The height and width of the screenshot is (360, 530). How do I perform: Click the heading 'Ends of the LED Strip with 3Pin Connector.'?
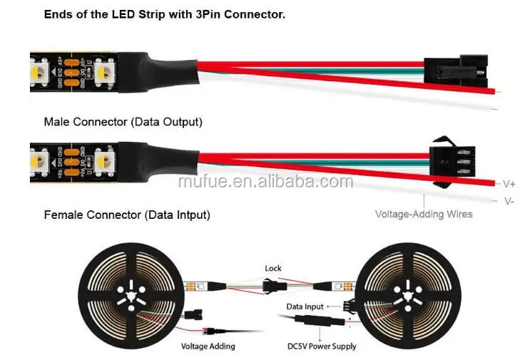(x=164, y=14)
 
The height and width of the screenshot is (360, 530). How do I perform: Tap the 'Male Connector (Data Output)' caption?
(x=123, y=122)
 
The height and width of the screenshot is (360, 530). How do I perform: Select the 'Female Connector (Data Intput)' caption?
(x=127, y=215)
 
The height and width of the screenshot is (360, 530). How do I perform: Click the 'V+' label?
(x=509, y=183)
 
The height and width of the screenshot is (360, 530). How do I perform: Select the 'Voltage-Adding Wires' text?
(x=424, y=213)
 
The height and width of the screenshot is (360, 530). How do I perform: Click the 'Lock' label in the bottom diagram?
(x=273, y=269)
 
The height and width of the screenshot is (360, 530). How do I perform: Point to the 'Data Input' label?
(x=305, y=306)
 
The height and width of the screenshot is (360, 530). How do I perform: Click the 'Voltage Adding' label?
(x=208, y=346)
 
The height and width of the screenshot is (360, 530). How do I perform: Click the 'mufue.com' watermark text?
(x=265, y=181)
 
